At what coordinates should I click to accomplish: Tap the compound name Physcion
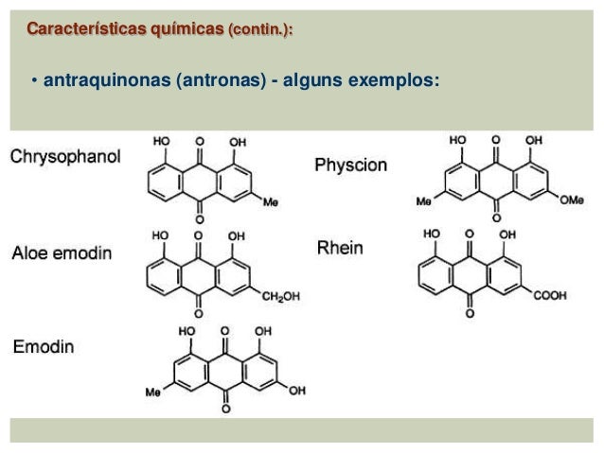click(350, 165)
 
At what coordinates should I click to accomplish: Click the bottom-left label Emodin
click(44, 347)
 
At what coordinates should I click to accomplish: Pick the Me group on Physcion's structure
click(425, 200)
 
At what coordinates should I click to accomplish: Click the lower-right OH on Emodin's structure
click(298, 390)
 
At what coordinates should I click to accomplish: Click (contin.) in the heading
click(258, 31)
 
